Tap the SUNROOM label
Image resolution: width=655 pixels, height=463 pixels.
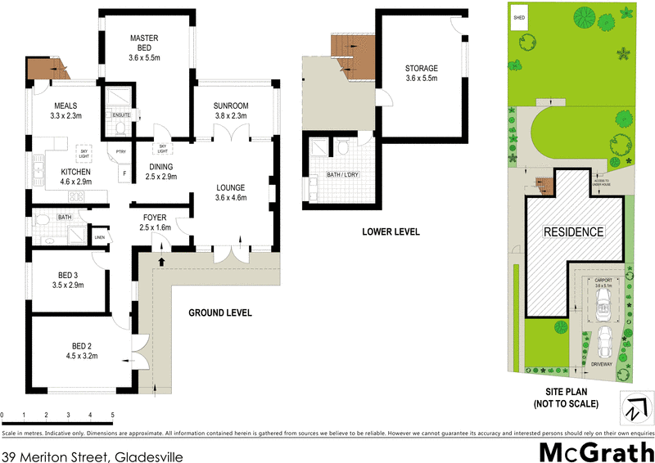[231, 106]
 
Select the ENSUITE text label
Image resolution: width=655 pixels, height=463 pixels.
[122, 115]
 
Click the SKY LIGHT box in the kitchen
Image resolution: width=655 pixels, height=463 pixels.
[84, 152]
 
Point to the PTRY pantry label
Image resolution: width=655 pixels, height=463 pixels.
[120, 151]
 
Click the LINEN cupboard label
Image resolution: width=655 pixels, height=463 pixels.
[100, 238]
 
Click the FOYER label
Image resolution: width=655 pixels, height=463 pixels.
[155, 217]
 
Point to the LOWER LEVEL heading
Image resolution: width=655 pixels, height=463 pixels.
[391, 232]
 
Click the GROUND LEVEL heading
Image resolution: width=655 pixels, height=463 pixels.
[220, 312]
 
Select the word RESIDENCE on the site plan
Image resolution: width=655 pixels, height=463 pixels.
[574, 232]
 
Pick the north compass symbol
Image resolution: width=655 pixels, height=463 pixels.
[635, 407]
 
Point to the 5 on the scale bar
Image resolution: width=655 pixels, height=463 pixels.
[112, 416]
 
